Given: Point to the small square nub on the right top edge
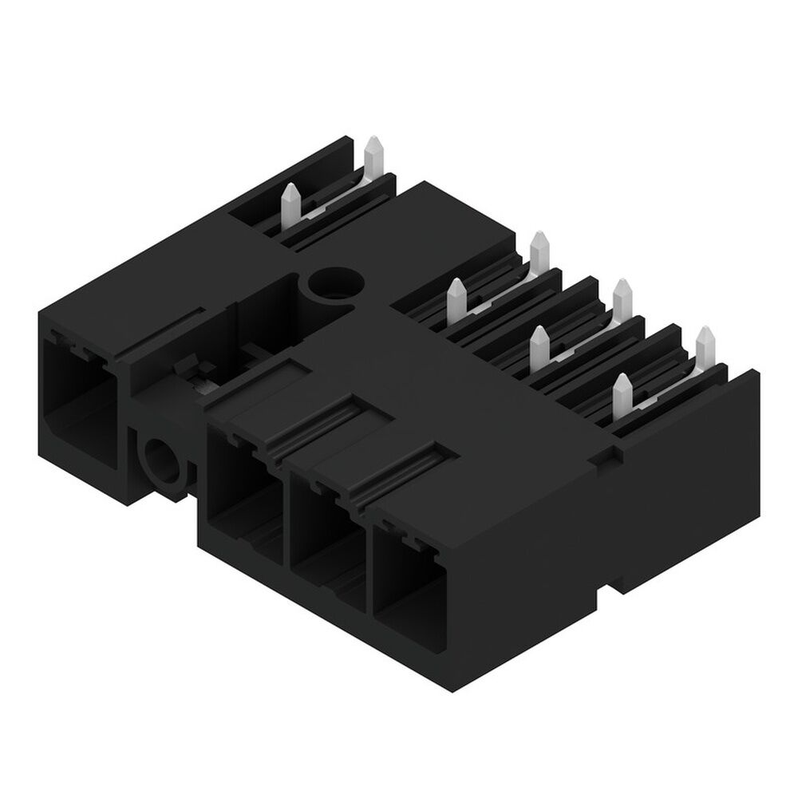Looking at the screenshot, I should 608,456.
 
